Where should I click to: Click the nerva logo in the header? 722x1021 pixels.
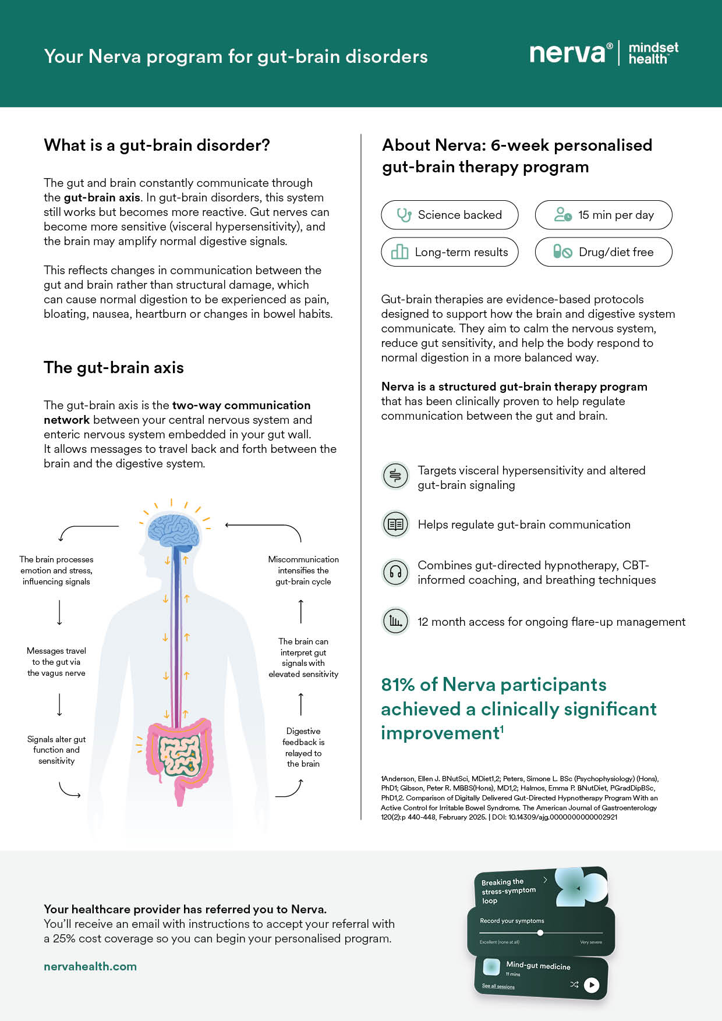click(x=567, y=54)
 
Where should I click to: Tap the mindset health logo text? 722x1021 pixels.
click(x=653, y=53)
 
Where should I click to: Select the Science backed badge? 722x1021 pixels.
click(x=450, y=215)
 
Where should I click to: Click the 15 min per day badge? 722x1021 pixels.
click(x=603, y=215)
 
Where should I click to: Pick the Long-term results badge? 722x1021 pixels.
click(x=450, y=252)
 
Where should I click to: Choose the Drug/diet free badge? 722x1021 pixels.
click(x=603, y=252)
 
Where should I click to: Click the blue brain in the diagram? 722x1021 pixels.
click(x=174, y=530)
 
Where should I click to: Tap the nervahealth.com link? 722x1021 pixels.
click(x=90, y=966)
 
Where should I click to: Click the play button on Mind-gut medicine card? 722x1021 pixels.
click(x=591, y=985)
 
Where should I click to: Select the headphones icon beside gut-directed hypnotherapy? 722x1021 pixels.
click(x=395, y=572)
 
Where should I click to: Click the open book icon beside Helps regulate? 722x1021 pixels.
click(x=395, y=524)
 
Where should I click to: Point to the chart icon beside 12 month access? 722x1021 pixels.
click(x=395, y=621)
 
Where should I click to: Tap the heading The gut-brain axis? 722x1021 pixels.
click(x=114, y=368)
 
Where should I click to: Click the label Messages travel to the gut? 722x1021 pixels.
click(x=56, y=662)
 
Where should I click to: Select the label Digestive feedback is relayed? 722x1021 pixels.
click(x=303, y=747)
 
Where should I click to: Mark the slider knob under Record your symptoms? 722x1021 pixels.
click(x=540, y=933)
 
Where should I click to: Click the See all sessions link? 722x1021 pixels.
click(x=498, y=986)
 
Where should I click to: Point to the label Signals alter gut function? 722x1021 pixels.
click(x=56, y=750)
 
